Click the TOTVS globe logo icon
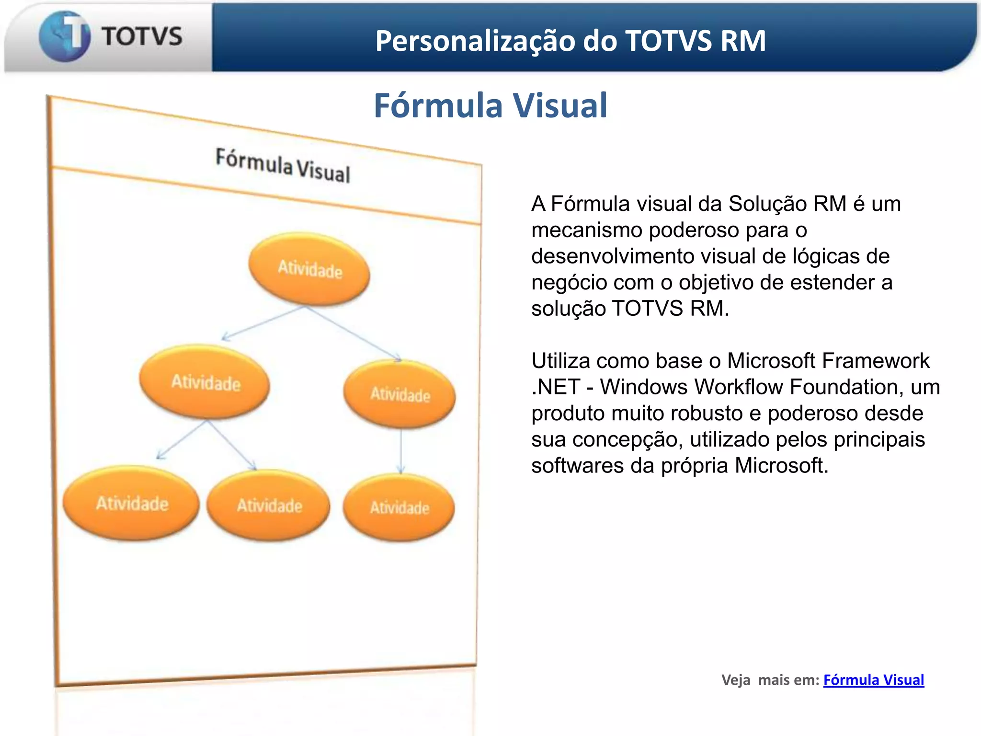click(x=64, y=36)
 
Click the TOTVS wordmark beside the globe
click(x=142, y=37)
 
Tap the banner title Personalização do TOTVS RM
click(x=570, y=41)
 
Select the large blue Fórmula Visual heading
click(x=490, y=105)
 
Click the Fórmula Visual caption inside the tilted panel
click(x=283, y=166)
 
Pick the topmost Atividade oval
click(x=309, y=269)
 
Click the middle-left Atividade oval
click(x=205, y=382)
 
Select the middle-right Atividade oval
click(x=399, y=394)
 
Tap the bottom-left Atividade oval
click(x=132, y=503)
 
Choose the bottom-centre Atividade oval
click(x=269, y=506)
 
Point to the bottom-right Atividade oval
click(x=399, y=507)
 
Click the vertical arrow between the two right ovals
click(x=401, y=450)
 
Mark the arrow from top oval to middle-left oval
click(x=263, y=323)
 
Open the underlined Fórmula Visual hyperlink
click(x=873, y=679)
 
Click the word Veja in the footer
click(x=736, y=680)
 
